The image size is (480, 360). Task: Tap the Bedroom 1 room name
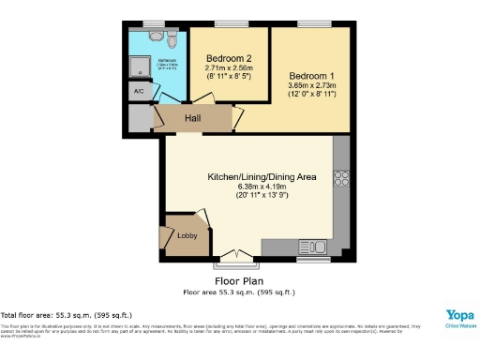point(310,75)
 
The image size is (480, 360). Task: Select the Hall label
point(193,119)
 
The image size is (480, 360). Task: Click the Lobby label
point(187,236)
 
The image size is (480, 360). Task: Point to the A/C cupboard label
point(139,91)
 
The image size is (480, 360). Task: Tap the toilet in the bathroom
point(172,38)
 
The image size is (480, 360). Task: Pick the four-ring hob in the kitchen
point(341,178)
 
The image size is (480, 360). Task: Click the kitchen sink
point(310,248)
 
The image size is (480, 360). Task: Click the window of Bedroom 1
point(311,24)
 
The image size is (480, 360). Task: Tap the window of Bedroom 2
point(228,24)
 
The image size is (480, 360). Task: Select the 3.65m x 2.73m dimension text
point(310,85)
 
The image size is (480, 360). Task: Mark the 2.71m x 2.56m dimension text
point(229,67)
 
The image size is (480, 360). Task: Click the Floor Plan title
point(239,280)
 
